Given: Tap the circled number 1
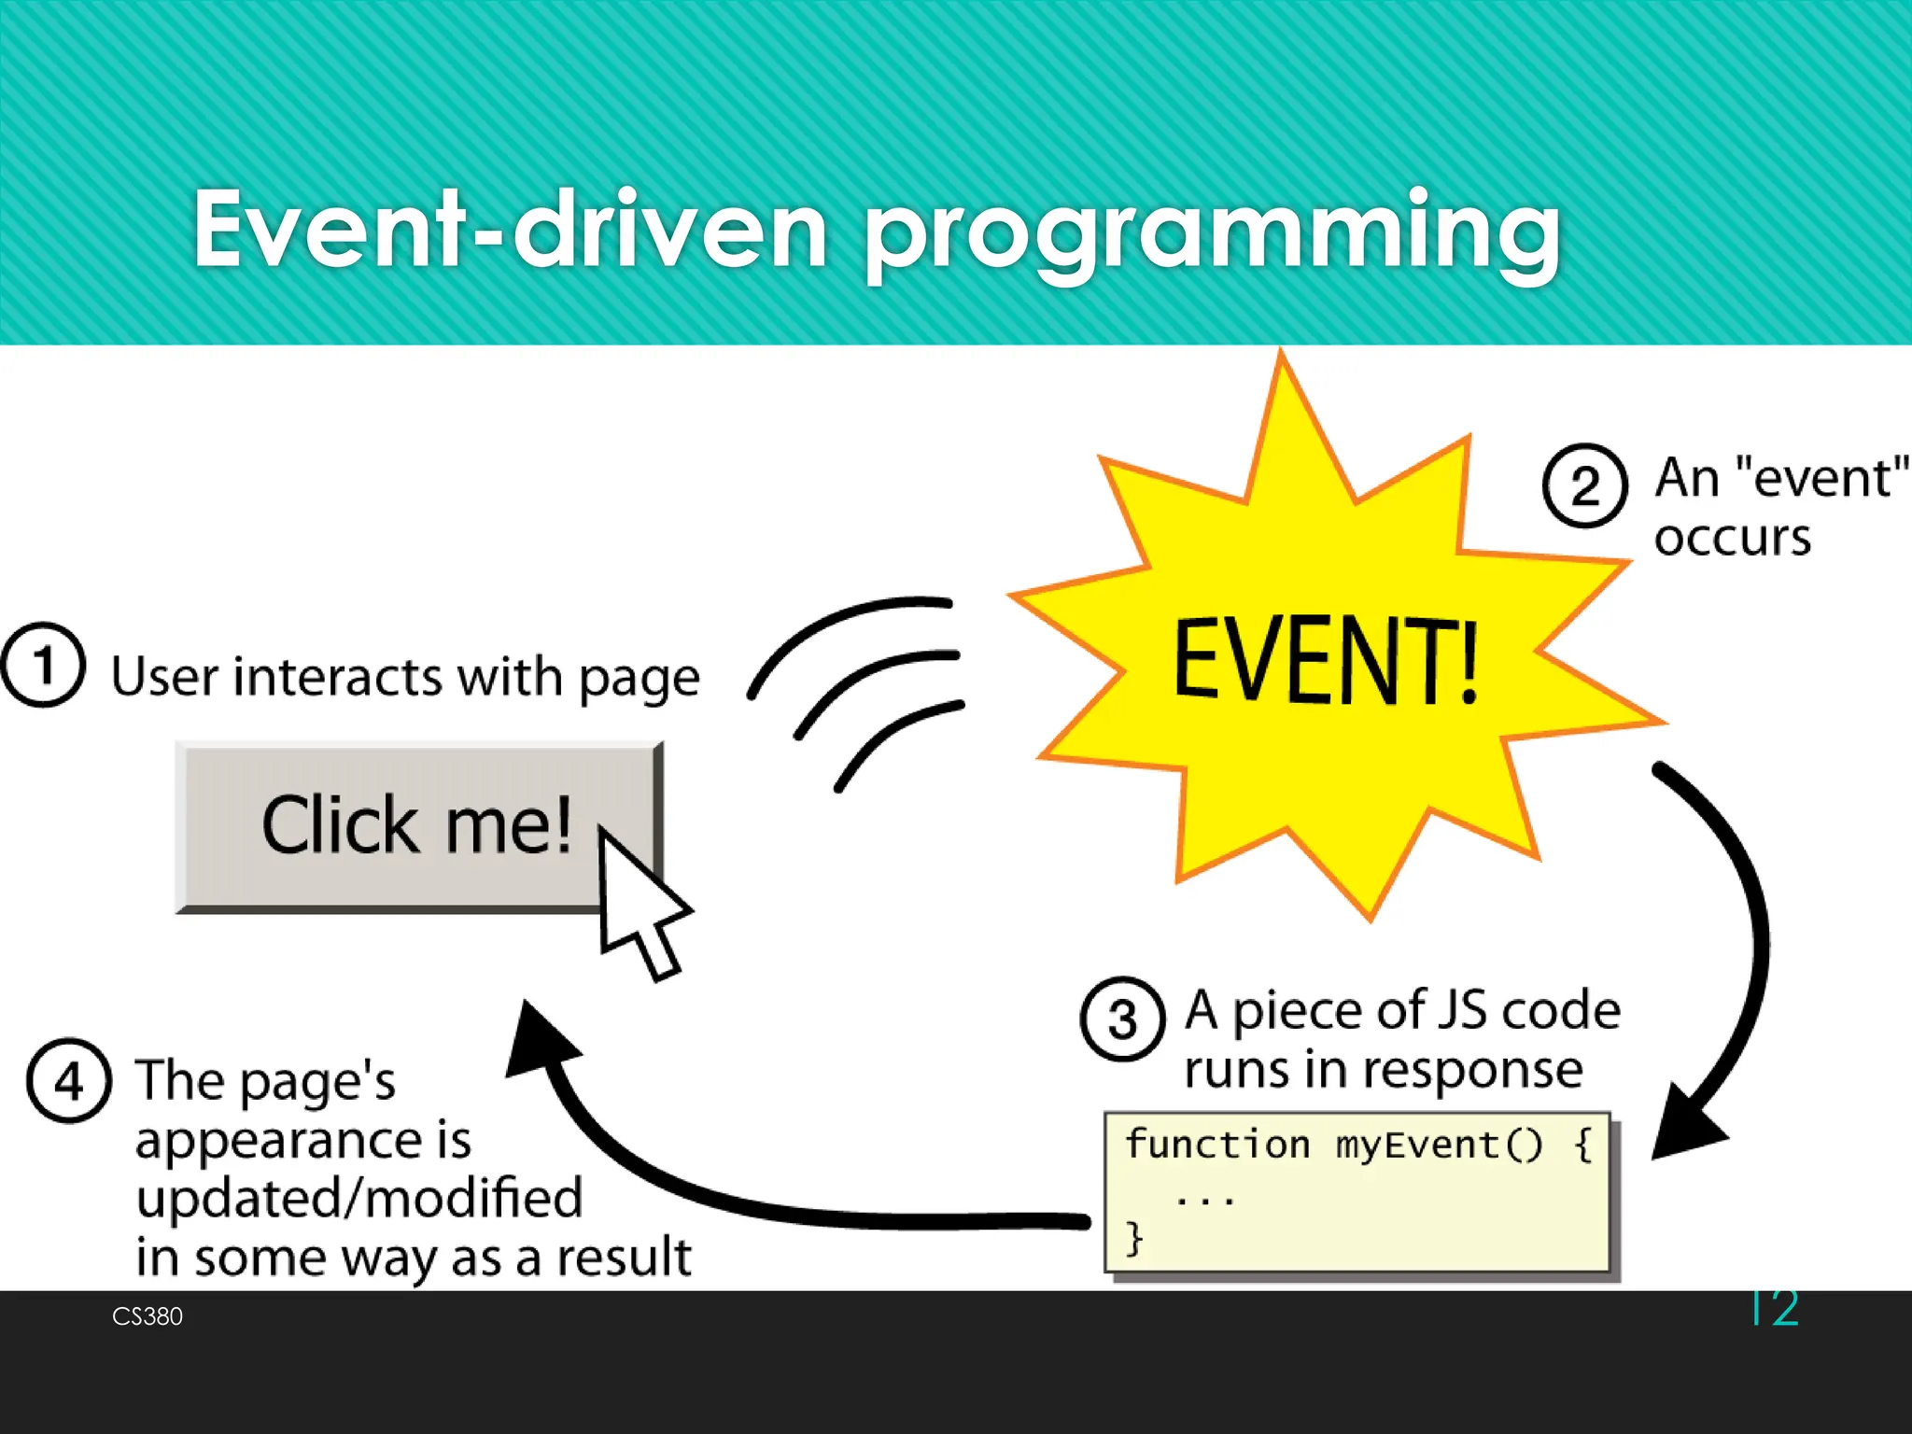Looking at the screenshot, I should click(43, 665).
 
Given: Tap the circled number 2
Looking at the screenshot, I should click(1584, 485).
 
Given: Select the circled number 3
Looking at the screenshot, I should click(1122, 1019).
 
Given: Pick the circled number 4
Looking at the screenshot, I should click(69, 1081).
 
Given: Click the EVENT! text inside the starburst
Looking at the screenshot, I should click(1326, 661).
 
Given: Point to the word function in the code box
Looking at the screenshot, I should click(1216, 1145).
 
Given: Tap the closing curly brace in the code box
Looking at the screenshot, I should click(1133, 1239).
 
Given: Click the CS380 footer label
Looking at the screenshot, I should click(148, 1316).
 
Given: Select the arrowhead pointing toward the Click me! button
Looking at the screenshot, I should click(541, 1041).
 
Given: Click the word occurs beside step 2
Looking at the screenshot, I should click(1732, 539).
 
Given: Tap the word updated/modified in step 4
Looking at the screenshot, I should click(359, 1199).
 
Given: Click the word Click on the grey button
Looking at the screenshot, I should click(340, 825).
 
